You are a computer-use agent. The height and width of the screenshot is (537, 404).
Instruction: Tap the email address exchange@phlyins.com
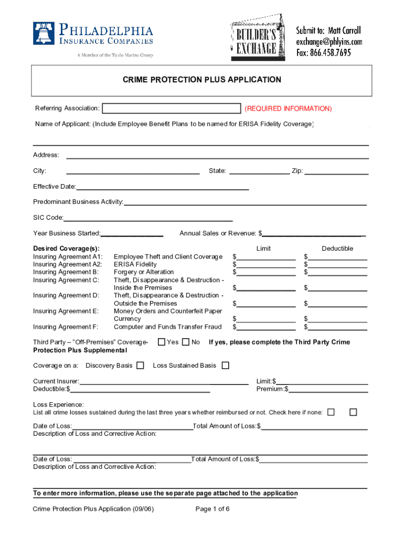(329, 41)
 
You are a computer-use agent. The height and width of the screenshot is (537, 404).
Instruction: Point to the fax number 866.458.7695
(324, 52)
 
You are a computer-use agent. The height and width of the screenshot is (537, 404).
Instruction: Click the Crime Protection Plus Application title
(202, 80)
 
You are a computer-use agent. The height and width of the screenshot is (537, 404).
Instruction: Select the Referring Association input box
(171, 109)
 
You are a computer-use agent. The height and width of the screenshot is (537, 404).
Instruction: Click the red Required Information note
(288, 109)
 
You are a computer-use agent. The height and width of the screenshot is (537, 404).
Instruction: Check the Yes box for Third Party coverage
(162, 342)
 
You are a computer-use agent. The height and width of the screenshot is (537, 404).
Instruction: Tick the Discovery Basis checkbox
(140, 366)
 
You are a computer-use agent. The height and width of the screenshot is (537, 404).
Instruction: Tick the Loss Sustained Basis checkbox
(226, 366)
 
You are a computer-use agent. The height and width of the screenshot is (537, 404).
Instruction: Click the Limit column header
(263, 249)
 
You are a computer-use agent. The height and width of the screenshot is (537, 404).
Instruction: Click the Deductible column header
(337, 249)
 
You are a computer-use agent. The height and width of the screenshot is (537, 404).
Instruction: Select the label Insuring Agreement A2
(68, 264)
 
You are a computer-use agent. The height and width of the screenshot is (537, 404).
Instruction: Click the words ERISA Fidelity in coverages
(135, 264)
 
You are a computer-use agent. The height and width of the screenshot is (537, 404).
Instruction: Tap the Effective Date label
(54, 187)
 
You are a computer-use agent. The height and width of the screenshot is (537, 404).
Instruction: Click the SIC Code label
(48, 218)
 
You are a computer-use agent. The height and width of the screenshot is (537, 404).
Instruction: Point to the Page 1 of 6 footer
(212, 509)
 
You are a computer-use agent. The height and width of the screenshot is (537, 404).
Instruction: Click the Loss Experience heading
(58, 405)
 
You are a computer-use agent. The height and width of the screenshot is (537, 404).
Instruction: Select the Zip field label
(297, 171)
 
